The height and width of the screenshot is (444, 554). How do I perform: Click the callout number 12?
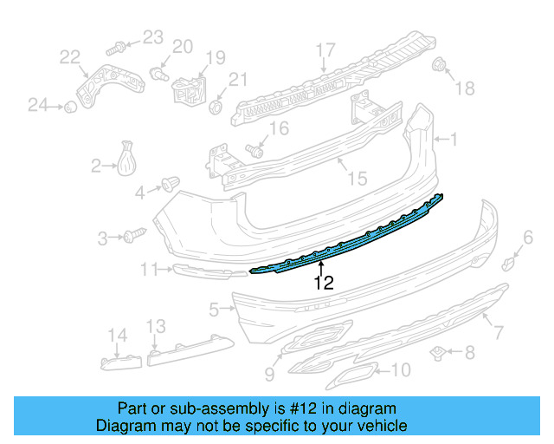[x=322, y=282]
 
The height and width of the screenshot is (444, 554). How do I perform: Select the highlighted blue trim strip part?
[x=346, y=243]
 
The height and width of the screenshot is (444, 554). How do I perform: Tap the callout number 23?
[x=152, y=36]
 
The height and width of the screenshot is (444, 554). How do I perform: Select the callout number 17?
[x=325, y=49]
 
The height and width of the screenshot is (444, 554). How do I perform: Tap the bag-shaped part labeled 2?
[x=127, y=160]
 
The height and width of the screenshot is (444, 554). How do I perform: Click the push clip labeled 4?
[x=169, y=184]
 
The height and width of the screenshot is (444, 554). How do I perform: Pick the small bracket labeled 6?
[x=511, y=260]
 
